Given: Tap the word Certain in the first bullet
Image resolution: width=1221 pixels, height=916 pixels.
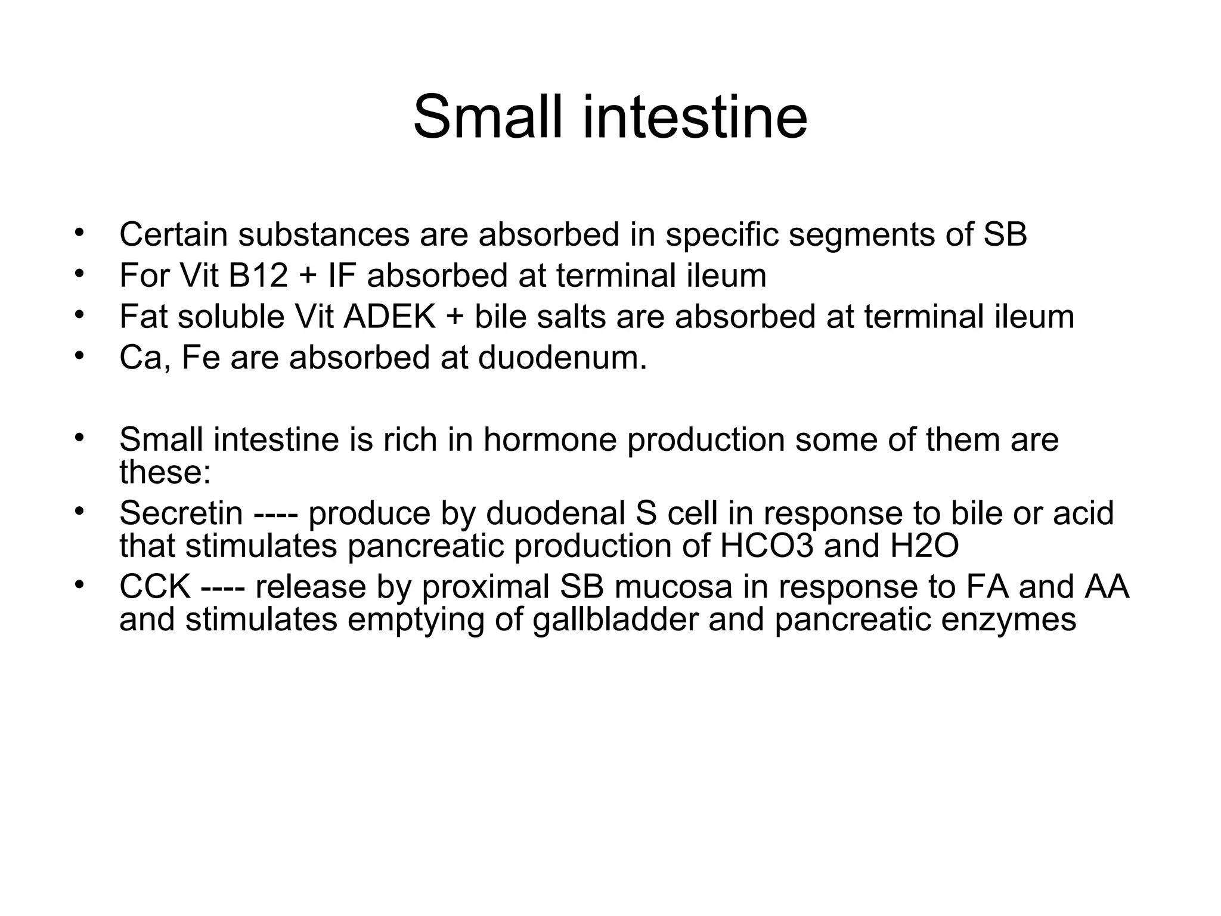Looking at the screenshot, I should (x=173, y=234).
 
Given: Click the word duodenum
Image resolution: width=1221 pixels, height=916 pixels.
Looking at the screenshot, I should (x=562, y=358).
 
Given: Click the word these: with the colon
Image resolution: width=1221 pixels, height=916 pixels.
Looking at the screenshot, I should (x=165, y=472).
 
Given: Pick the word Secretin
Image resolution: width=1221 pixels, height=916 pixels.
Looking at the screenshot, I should (x=181, y=513).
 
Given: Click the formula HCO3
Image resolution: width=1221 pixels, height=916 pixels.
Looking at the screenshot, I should (x=766, y=545).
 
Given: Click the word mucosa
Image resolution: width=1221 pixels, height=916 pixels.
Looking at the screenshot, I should (x=673, y=586).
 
